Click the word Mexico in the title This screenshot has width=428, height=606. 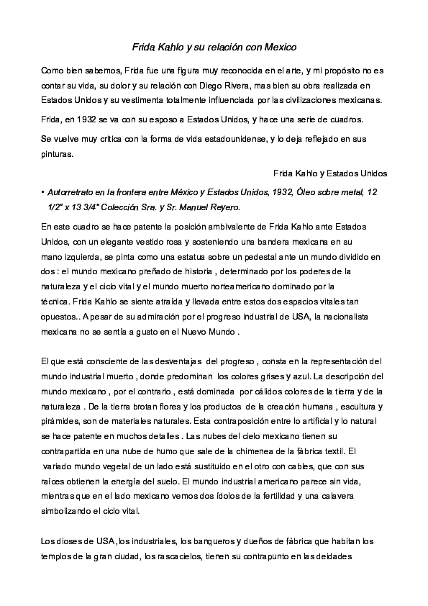281,47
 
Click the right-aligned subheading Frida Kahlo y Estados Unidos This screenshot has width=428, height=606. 331,173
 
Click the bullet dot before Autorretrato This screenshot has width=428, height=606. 43,193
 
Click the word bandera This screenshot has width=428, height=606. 268,241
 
